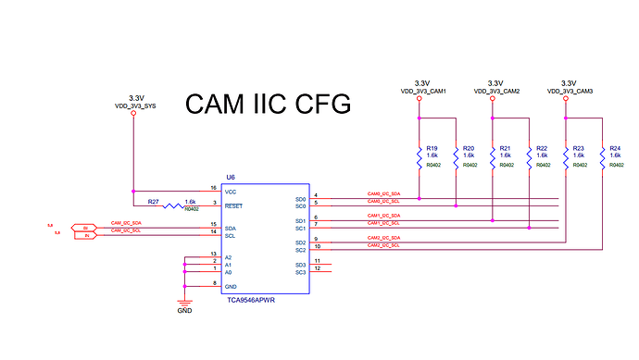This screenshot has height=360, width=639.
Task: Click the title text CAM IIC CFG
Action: (269, 104)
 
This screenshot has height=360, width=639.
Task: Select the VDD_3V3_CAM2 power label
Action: (496, 92)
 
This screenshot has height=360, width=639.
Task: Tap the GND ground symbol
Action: (184, 305)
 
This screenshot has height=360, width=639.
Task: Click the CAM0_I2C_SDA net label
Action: (383, 194)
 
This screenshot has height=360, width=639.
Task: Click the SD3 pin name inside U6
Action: (300, 265)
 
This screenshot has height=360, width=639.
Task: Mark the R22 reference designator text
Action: (542, 148)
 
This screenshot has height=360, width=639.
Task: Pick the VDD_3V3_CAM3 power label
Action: (570, 92)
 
